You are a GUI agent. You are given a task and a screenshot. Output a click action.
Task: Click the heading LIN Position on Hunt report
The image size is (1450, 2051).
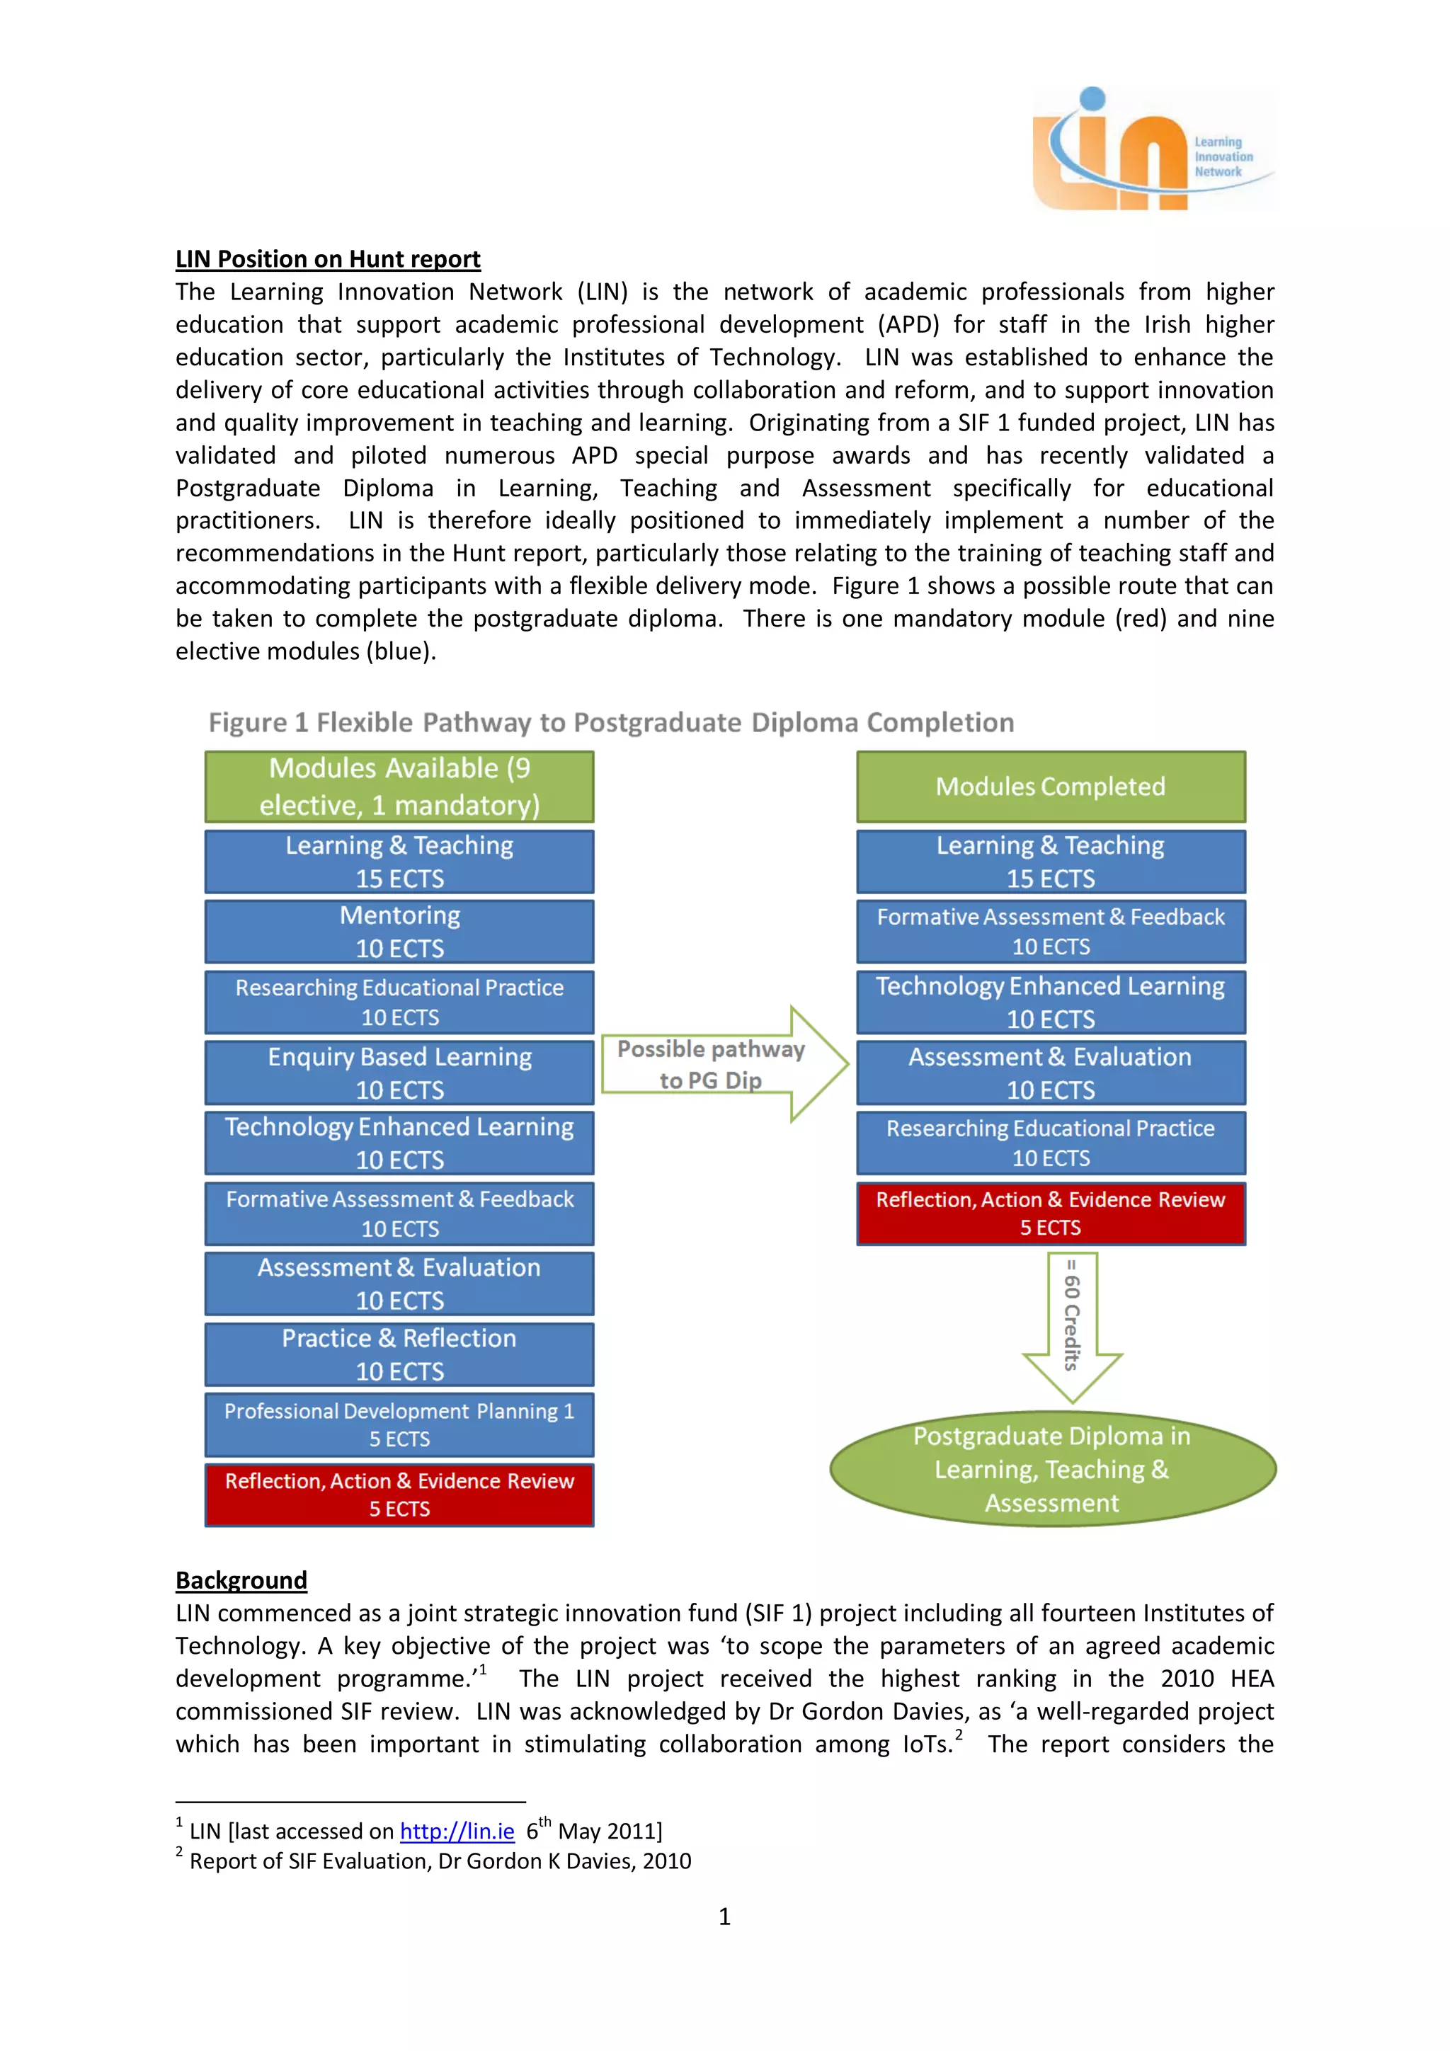(x=328, y=259)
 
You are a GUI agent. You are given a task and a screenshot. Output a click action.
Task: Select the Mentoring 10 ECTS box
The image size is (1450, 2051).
(x=399, y=931)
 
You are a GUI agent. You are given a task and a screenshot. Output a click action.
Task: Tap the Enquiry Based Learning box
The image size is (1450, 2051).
(x=399, y=1072)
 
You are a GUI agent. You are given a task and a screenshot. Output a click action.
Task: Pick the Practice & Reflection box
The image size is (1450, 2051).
(x=399, y=1354)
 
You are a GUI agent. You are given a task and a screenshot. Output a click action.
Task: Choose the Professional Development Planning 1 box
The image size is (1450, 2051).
(x=399, y=1424)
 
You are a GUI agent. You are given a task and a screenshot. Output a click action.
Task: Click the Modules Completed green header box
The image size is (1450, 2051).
(x=1051, y=786)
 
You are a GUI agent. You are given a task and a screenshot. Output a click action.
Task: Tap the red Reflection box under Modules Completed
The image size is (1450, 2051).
(x=1051, y=1213)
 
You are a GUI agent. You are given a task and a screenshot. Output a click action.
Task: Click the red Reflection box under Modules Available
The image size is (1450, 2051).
(x=399, y=1495)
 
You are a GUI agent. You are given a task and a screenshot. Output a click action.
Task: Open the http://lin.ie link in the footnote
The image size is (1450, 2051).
(x=457, y=1832)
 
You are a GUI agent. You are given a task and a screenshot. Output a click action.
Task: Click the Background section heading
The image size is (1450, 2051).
(x=241, y=1580)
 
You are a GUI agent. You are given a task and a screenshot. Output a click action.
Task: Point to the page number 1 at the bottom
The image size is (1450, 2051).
(x=724, y=1916)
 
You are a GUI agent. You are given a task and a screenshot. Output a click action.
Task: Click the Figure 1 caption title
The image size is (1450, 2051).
(x=611, y=722)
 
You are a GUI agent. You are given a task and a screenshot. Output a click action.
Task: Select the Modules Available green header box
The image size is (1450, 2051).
(x=399, y=786)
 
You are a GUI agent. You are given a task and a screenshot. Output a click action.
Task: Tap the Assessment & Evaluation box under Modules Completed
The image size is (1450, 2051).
(x=1051, y=1072)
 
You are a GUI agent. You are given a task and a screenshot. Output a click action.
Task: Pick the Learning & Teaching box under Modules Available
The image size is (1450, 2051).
(x=399, y=861)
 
